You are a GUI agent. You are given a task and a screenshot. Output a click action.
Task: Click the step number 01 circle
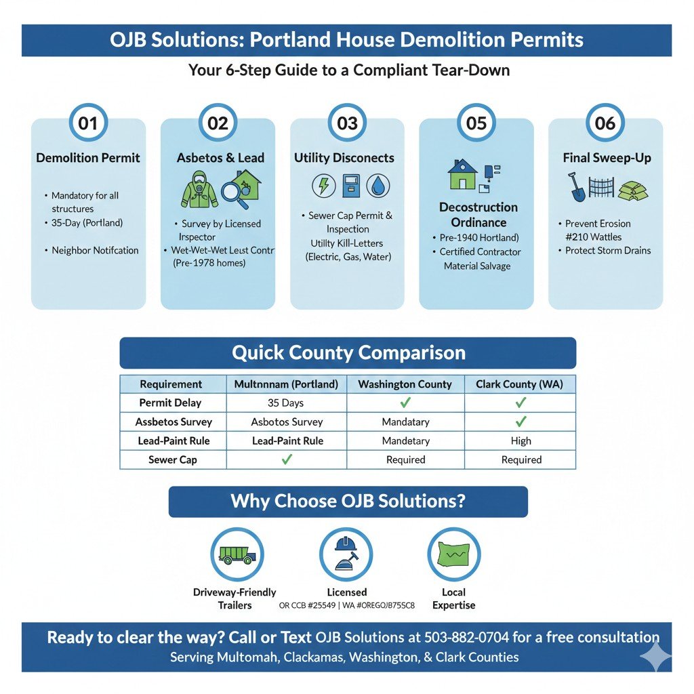click(88, 123)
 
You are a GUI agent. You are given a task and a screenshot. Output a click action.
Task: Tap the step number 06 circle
click(605, 123)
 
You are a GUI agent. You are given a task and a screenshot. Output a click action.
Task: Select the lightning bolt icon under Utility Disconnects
click(323, 186)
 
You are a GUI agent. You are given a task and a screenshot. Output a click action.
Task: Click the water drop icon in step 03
click(377, 186)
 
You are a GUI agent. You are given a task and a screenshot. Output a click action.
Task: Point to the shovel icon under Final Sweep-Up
click(577, 186)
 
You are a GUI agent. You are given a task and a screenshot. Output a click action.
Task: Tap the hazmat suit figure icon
click(199, 188)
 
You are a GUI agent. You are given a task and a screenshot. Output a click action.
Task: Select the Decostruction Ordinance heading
click(478, 215)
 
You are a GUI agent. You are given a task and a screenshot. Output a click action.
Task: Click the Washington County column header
click(405, 384)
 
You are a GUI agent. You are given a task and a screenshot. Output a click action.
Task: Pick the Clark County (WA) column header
click(520, 384)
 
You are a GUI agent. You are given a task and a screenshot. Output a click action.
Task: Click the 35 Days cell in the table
click(285, 403)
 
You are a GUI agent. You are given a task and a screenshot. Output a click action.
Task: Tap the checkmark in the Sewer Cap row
click(286, 460)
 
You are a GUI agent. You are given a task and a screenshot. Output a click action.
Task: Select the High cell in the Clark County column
click(520, 441)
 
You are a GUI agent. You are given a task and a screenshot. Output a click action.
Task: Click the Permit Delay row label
click(170, 403)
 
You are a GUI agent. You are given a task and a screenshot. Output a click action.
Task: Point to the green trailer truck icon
click(237, 554)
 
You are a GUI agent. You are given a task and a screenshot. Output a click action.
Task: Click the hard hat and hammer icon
click(346, 554)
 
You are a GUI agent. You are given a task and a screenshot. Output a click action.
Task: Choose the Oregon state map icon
click(454, 554)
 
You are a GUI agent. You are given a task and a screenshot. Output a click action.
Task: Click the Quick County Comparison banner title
click(348, 353)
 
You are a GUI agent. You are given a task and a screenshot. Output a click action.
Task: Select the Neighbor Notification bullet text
click(95, 250)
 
